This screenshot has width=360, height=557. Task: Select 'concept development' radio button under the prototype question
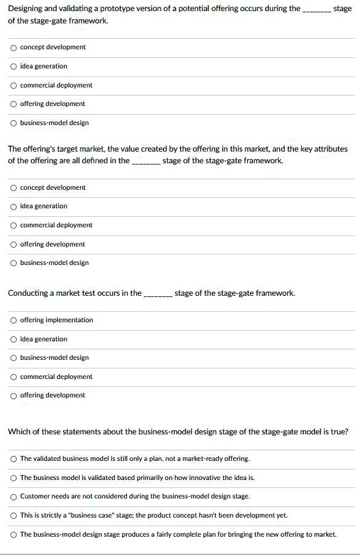pos(14,47)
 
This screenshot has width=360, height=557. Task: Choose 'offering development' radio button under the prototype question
pos(14,104)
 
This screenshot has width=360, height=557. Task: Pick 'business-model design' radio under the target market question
pos(14,263)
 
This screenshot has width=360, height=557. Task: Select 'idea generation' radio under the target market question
pos(14,206)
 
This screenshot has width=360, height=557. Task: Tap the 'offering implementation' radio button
pos(14,320)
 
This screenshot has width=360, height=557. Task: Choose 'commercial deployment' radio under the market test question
pos(14,377)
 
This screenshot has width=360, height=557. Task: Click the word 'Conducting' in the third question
pos(28,293)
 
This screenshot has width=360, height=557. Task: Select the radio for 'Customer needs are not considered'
pos(14,497)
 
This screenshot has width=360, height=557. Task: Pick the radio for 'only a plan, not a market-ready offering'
pos(14,459)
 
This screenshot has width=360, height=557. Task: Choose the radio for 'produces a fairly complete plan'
pos(14,534)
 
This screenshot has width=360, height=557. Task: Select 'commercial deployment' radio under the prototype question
pos(14,86)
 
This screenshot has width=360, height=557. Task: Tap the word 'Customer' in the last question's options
pos(35,497)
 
